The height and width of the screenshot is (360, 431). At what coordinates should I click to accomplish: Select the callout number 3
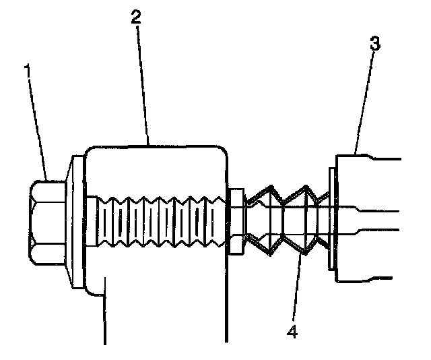(x=375, y=44)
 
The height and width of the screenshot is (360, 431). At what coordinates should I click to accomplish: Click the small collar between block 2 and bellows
(x=235, y=222)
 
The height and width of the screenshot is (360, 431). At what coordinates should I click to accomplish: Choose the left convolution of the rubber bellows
(x=266, y=219)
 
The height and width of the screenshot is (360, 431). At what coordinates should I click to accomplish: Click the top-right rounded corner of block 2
(x=221, y=150)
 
